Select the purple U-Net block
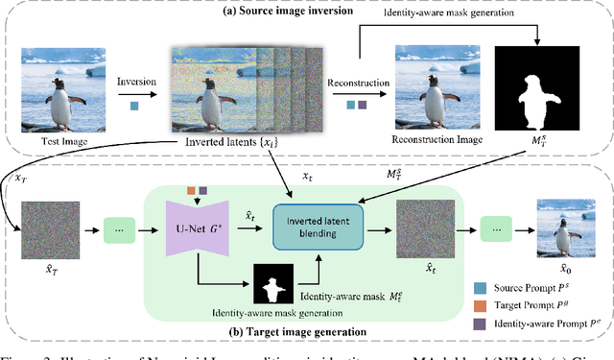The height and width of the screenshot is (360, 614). [x=202, y=228]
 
